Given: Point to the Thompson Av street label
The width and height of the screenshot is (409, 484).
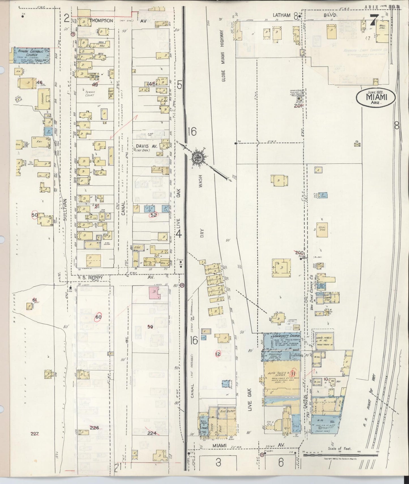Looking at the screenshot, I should click(102, 21).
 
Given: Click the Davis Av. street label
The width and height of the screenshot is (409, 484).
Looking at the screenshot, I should click(144, 146).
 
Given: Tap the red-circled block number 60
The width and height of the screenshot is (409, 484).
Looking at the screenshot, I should click(98, 317).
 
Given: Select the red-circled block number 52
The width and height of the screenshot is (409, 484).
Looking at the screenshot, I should click(154, 215).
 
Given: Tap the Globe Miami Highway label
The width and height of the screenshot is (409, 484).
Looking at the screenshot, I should click(223, 57).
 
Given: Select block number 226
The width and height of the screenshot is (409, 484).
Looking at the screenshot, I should click(94, 427).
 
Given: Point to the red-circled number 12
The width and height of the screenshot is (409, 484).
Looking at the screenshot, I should click(217, 354).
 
